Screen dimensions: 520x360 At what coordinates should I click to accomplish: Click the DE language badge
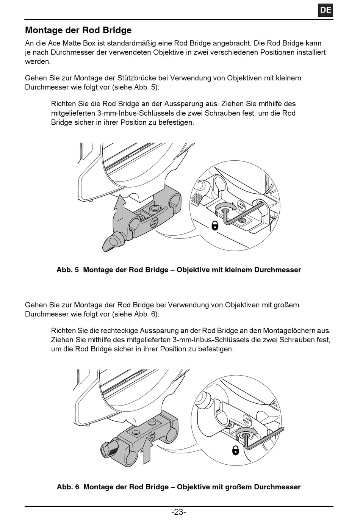pos(326,10)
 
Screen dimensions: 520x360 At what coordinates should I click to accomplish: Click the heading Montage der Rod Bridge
pos(78,30)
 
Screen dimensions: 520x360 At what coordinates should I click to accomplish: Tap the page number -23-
pos(179,512)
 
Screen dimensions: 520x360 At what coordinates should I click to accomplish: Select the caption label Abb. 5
pos(67,270)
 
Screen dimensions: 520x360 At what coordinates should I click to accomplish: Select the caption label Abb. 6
pos(68,487)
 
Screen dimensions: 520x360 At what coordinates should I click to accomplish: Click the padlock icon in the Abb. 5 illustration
pos(215,226)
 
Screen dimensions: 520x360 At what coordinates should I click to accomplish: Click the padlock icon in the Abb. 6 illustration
pos(236,450)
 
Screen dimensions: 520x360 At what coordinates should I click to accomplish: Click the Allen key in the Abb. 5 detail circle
pos(243,214)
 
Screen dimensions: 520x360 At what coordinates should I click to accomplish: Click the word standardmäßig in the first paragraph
pos(134,43)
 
